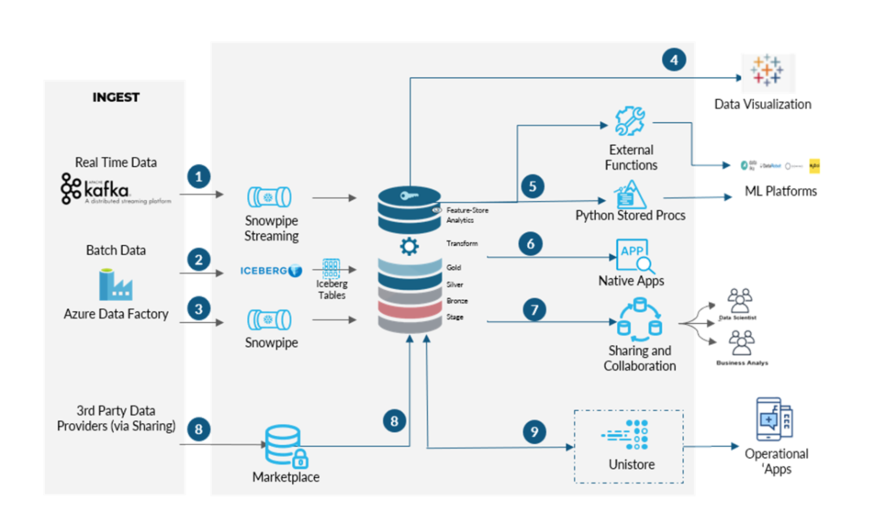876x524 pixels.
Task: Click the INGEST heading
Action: tap(116, 97)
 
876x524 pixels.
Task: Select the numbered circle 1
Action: tap(199, 177)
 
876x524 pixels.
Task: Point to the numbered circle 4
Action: tap(674, 60)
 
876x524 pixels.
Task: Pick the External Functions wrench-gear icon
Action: tap(630, 121)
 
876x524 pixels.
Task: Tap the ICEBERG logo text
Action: tap(264, 271)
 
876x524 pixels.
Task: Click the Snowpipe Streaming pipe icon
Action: tap(269, 197)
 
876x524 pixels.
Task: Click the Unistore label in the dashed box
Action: tap(631, 464)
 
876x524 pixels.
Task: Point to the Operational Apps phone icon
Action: tap(774, 420)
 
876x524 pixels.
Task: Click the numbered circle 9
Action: tap(534, 431)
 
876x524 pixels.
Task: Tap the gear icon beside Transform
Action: tap(409, 246)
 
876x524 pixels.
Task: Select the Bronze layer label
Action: tap(457, 301)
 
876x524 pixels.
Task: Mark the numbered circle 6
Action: tap(530, 244)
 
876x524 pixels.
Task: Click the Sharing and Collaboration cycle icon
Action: tap(639, 319)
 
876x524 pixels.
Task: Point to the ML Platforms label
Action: tap(781, 191)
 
